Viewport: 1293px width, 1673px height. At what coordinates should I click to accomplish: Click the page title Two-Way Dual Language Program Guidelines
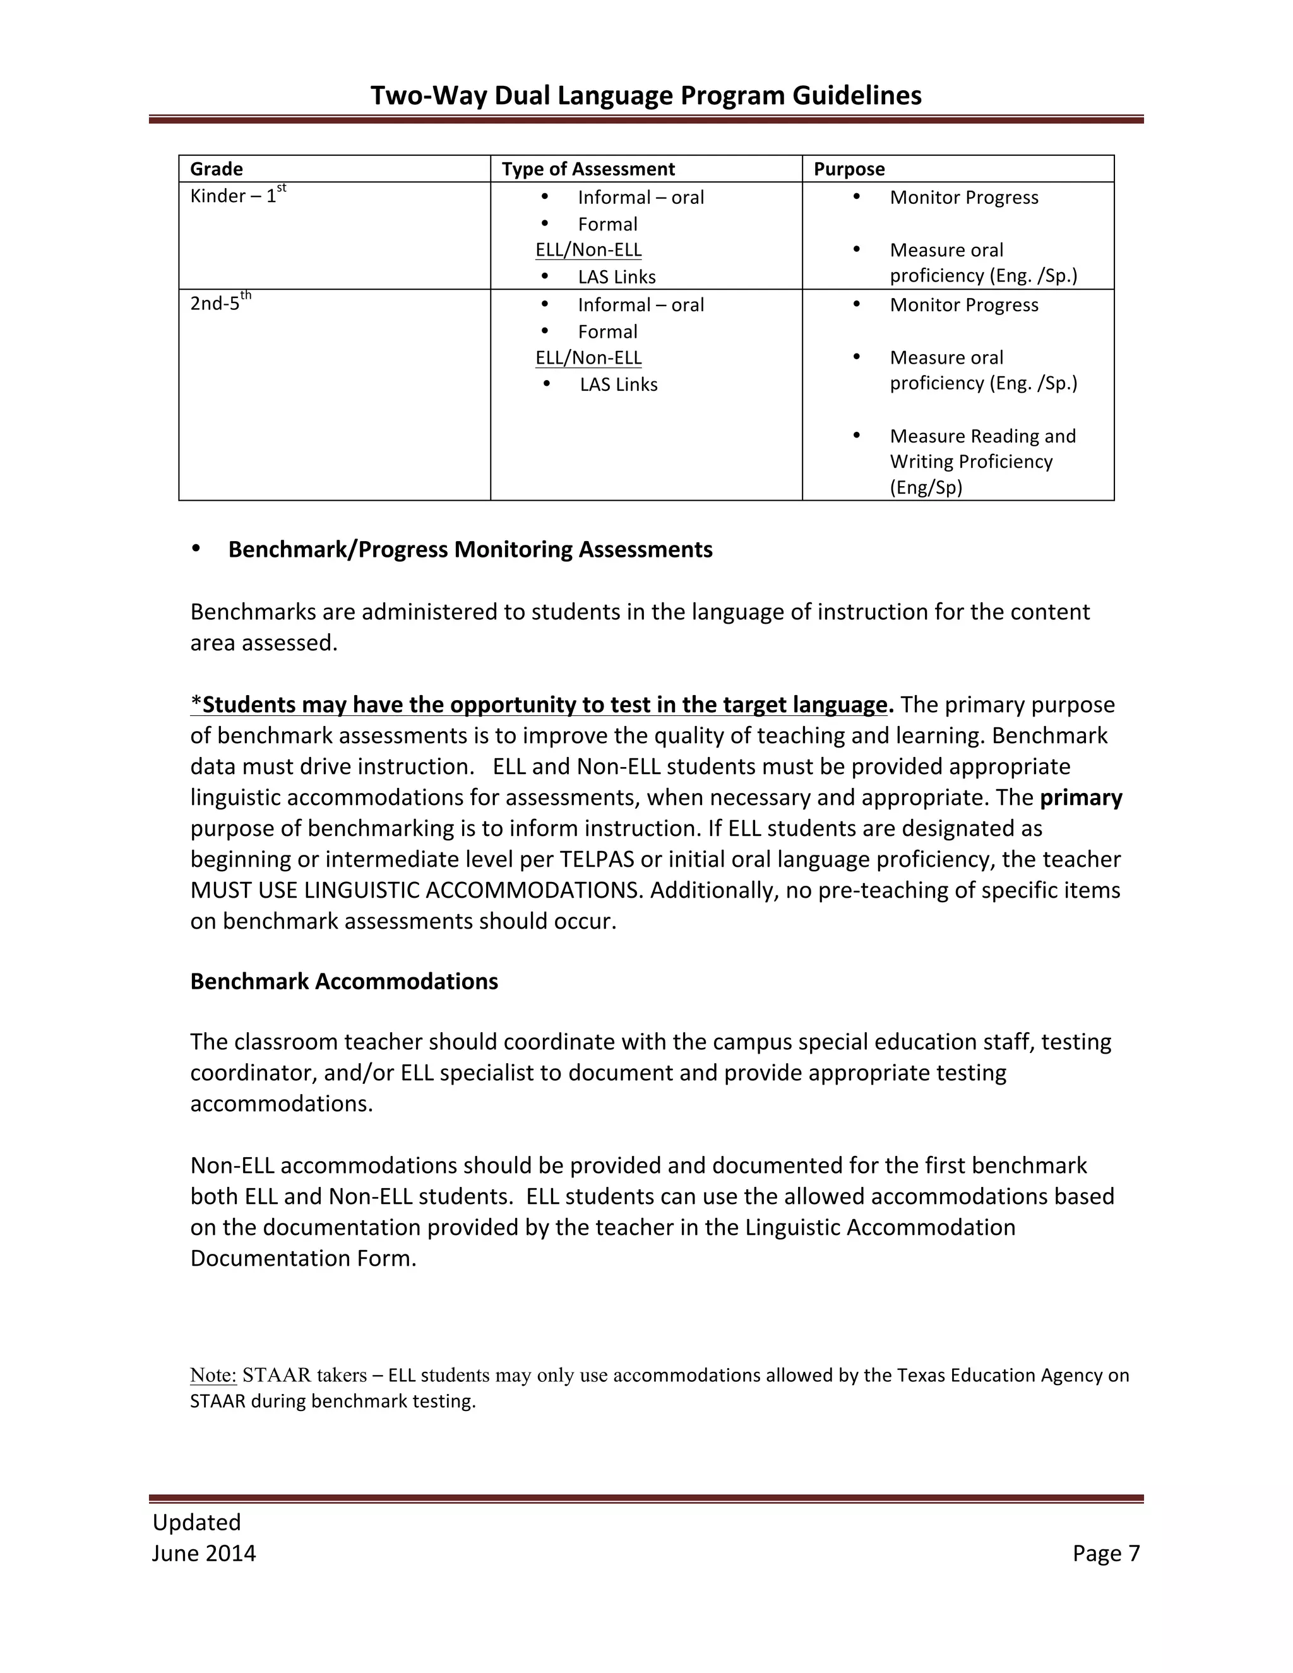pyautogui.click(x=646, y=96)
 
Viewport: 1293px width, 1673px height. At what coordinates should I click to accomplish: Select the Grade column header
pyautogui.click(x=216, y=169)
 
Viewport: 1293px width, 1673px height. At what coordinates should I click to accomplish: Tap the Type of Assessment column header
pyautogui.click(x=588, y=169)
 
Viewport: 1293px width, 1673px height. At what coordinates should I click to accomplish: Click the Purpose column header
pyautogui.click(x=849, y=169)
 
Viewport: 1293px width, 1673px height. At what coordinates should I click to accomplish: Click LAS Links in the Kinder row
pyautogui.click(x=617, y=277)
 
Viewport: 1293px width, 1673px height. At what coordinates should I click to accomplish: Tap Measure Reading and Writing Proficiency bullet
pyautogui.click(x=982, y=461)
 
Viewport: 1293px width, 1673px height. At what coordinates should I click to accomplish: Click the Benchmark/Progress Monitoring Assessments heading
pyautogui.click(x=470, y=549)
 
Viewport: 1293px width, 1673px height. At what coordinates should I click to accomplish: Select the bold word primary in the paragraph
pyautogui.click(x=1081, y=797)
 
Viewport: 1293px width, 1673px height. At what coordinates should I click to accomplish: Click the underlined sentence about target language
pyautogui.click(x=542, y=704)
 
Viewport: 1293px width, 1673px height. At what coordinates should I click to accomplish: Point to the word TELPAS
pyautogui.click(x=597, y=859)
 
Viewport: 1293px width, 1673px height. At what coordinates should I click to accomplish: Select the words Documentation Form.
pyautogui.click(x=302, y=1259)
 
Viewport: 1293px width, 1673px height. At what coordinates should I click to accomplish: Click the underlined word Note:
pyautogui.click(x=214, y=1375)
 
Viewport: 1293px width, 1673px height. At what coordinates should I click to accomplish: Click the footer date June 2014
pyautogui.click(x=204, y=1553)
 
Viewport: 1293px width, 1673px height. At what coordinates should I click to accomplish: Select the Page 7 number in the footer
pyautogui.click(x=1105, y=1553)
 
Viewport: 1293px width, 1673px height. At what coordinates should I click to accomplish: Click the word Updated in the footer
pyautogui.click(x=196, y=1522)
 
